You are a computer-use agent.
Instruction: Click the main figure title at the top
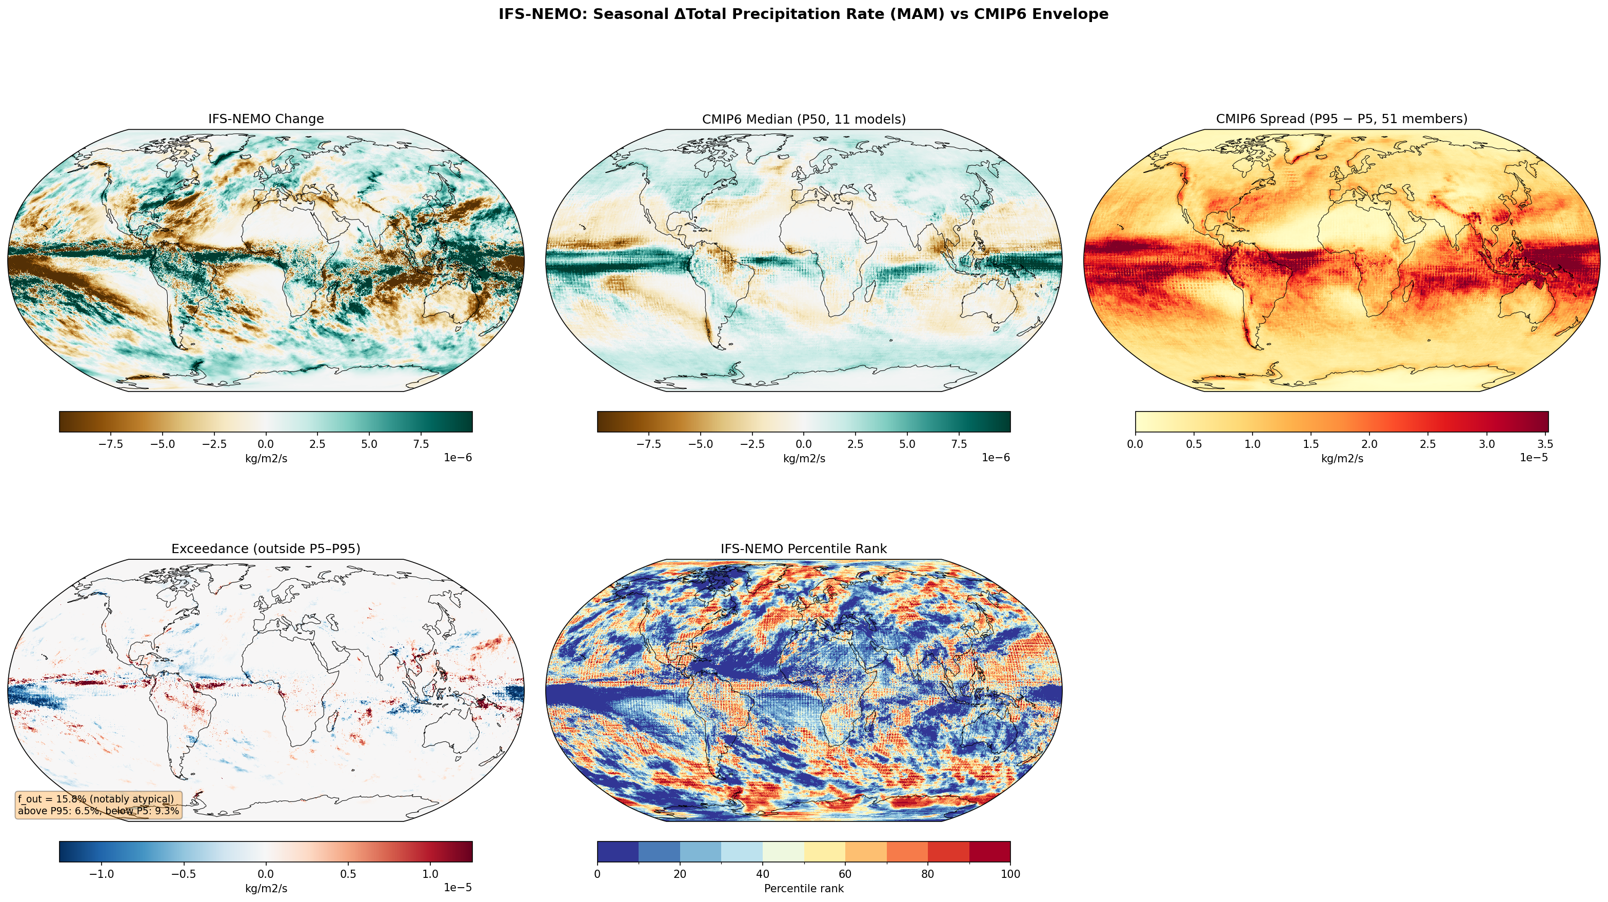coord(803,14)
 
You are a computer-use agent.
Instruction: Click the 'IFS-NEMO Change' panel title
coord(266,119)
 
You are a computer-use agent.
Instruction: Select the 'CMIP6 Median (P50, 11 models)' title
coord(803,119)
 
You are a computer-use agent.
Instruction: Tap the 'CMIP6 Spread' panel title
coord(1341,119)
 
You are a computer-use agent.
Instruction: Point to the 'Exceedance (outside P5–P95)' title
coord(266,548)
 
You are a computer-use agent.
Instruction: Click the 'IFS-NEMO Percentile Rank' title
coord(803,548)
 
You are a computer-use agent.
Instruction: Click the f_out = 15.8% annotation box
coord(98,805)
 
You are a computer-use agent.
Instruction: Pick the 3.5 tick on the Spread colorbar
coord(1545,444)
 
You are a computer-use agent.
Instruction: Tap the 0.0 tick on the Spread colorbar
coord(1136,444)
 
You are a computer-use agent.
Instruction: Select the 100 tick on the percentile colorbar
coord(1010,874)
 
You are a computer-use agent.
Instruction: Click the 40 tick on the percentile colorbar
coord(762,874)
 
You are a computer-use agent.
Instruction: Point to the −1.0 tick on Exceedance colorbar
coord(101,874)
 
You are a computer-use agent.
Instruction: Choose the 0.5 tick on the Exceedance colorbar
coord(348,874)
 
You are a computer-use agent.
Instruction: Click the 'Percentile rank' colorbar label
coord(803,889)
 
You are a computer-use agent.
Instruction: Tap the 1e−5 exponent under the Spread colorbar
coord(1533,458)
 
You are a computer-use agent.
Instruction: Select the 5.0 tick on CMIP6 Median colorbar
coord(907,444)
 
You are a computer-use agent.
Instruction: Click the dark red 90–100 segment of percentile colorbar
coord(989,851)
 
